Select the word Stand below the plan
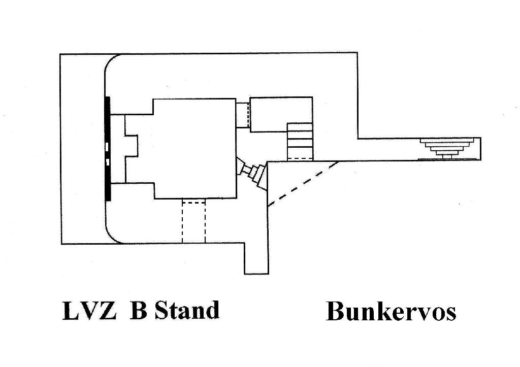coord(187,310)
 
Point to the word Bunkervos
coord(392,311)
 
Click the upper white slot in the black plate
coord(107,146)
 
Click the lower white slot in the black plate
coord(107,162)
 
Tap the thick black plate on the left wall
coord(108,149)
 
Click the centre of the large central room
coord(194,148)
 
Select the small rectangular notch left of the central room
coord(131,146)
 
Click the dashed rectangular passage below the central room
coord(193,221)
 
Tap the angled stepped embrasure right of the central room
coord(251,173)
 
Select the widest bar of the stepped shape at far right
coord(446,141)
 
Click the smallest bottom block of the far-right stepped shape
coord(446,157)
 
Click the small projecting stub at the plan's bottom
coord(256,258)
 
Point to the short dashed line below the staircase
coord(300,158)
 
